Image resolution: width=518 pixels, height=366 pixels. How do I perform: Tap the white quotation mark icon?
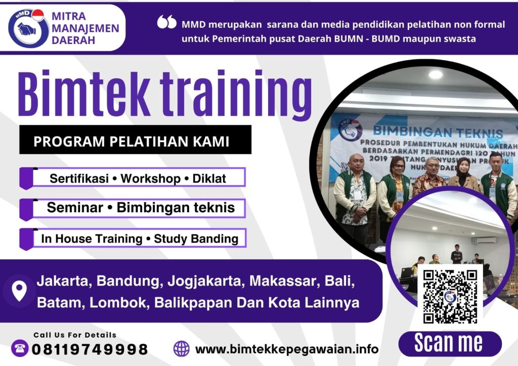[x=167, y=22]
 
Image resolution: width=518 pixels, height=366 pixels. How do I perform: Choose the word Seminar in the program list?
[x=78, y=208]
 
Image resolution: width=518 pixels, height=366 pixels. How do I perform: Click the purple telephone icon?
[x=19, y=348]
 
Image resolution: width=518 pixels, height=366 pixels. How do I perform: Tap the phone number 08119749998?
[x=90, y=349]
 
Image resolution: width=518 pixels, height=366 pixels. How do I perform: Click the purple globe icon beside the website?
[x=181, y=348]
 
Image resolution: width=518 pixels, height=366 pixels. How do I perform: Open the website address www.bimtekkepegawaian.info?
[x=286, y=349]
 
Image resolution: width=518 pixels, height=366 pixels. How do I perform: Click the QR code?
[x=450, y=297]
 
